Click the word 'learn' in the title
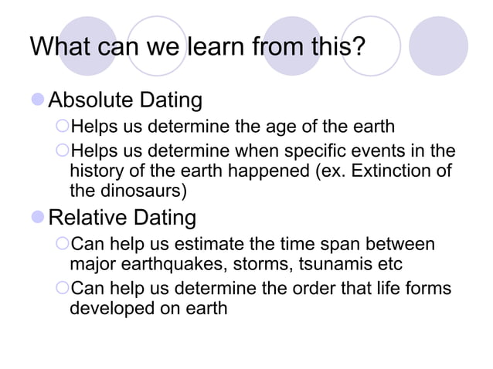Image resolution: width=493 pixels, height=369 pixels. (210, 46)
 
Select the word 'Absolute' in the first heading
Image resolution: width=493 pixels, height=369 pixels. (90, 100)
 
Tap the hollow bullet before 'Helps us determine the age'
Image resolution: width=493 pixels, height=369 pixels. (63, 127)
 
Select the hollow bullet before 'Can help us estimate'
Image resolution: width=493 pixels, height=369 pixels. (63, 245)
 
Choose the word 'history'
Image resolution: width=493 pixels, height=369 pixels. (96, 170)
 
